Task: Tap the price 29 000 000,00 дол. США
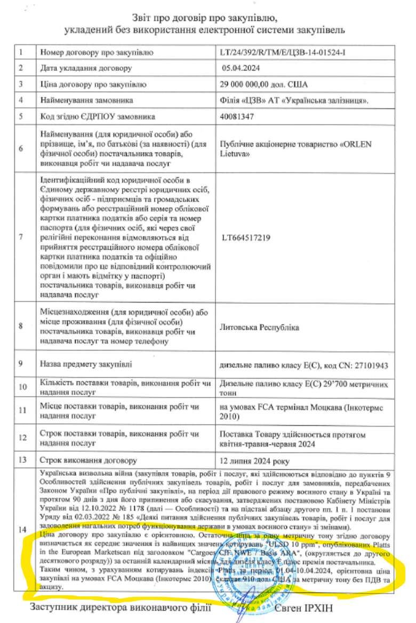[x=263, y=84]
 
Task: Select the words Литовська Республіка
[x=259, y=326]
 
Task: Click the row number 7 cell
[x=21, y=238]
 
